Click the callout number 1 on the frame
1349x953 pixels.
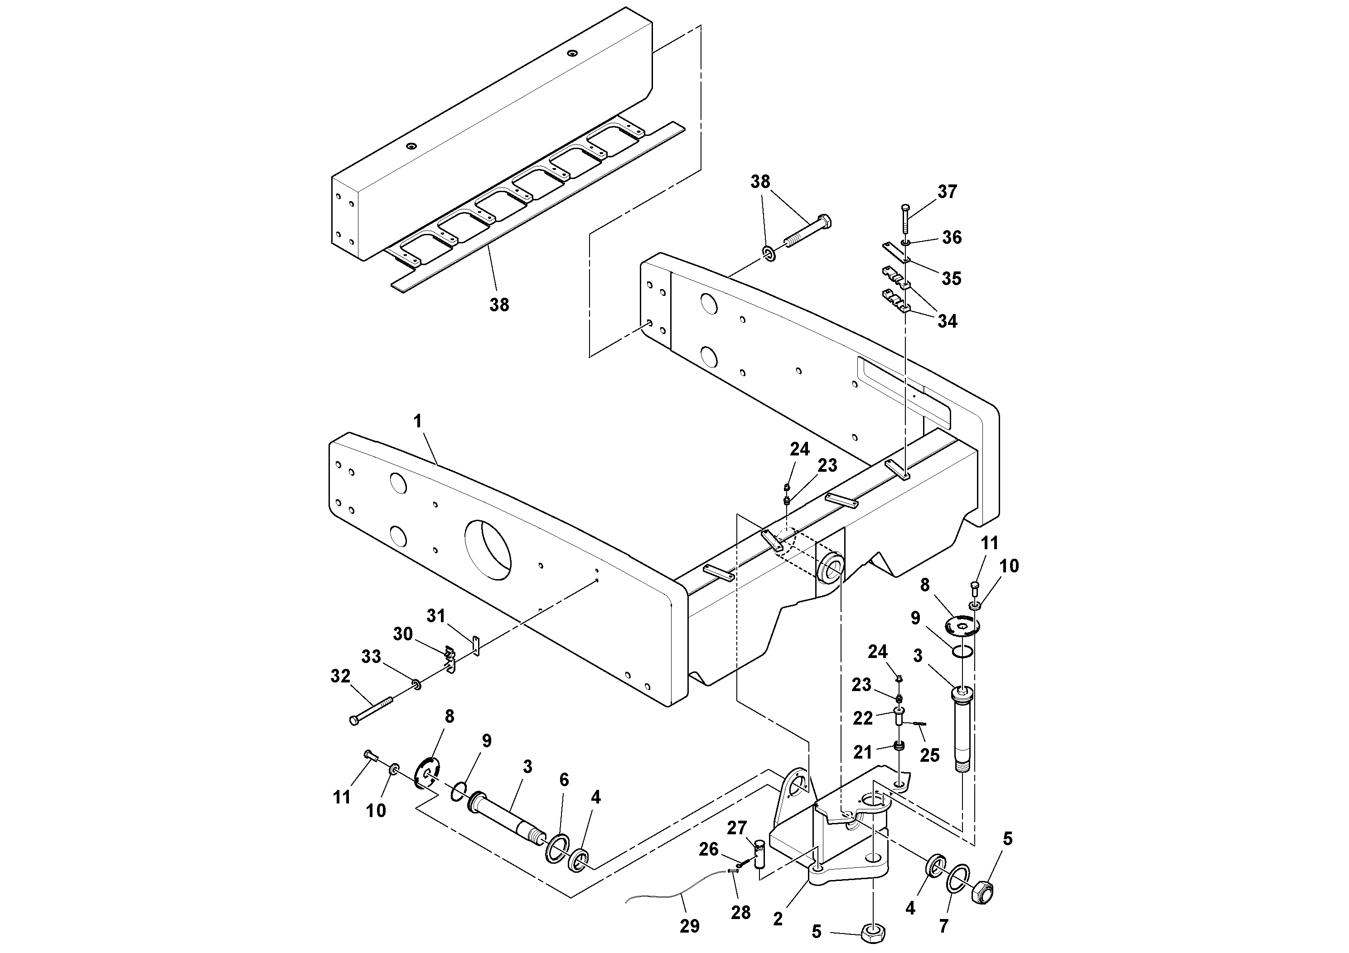[x=418, y=421]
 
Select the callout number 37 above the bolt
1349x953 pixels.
[x=947, y=192]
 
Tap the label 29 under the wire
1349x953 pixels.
[x=690, y=927]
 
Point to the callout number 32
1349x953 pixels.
[x=340, y=676]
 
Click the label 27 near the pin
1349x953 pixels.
[x=737, y=828]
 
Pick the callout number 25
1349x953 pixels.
[x=929, y=755]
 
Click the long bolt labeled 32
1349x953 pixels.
[x=371, y=709]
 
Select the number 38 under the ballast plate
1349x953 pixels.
[x=499, y=305]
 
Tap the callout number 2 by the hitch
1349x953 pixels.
[x=778, y=919]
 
